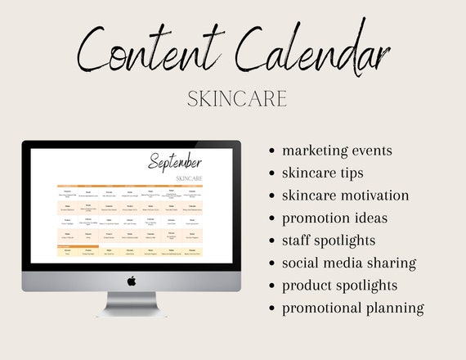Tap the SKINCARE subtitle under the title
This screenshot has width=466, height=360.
click(237, 99)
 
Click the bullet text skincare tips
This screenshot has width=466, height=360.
click(322, 173)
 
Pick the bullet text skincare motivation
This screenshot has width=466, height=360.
click(345, 196)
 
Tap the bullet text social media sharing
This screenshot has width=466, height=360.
click(349, 263)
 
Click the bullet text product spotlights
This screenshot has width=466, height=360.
click(339, 286)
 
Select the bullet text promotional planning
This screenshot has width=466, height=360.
click(352, 308)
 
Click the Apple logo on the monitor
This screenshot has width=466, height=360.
click(131, 280)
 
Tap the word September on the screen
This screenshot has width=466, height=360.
click(176, 162)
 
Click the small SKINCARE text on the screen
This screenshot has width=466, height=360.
click(189, 178)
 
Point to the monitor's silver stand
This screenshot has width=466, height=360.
click(131, 304)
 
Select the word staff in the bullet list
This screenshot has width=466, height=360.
click(298, 241)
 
